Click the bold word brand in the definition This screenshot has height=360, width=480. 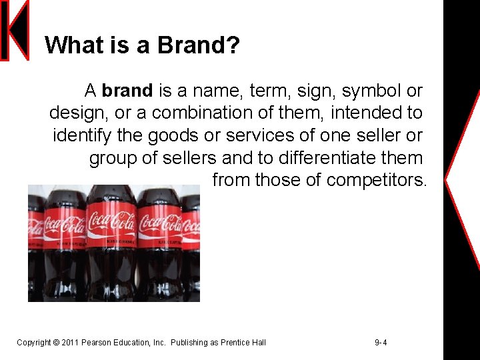[127, 90]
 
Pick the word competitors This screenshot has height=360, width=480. [377, 180]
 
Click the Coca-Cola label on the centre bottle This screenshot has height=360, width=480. [111, 223]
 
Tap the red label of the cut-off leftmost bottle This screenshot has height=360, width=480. [35, 226]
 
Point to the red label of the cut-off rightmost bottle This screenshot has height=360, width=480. [191, 227]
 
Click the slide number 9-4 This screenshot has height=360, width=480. [381, 343]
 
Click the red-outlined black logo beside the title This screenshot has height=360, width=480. [15, 31]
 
